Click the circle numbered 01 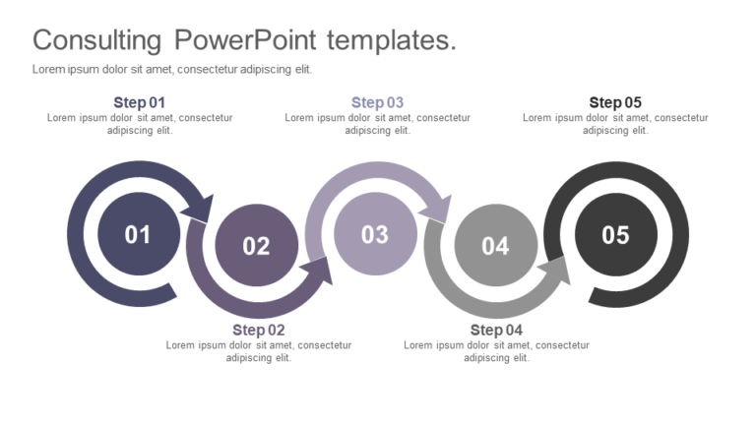coord(138,234)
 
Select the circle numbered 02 coord(256,246)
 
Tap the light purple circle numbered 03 coord(375,234)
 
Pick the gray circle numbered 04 coord(495,246)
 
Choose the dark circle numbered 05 coord(615,234)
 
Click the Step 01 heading coord(140,102)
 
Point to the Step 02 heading coord(259,331)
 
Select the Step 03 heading coord(377,102)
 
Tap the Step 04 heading coord(496,331)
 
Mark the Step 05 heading coord(615,102)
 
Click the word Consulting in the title coord(96,41)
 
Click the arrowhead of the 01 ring coord(203,207)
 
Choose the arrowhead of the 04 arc coord(557,270)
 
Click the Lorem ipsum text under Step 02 coord(259,351)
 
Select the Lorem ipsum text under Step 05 coord(615,124)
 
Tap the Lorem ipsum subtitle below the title coord(172,69)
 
